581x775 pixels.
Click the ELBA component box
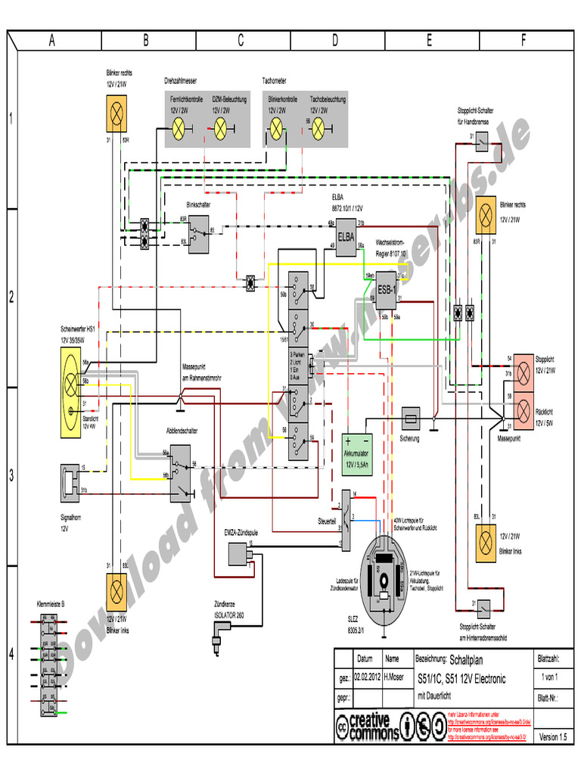[346, 235]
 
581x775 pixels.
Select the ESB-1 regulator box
[387, 289]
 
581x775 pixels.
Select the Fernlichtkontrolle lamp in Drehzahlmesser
[179, 129]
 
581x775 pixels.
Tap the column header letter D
[334, 42]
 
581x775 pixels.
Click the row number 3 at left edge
[12, 476]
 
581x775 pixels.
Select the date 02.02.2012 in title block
[368, 677]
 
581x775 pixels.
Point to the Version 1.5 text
[552, 736]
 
